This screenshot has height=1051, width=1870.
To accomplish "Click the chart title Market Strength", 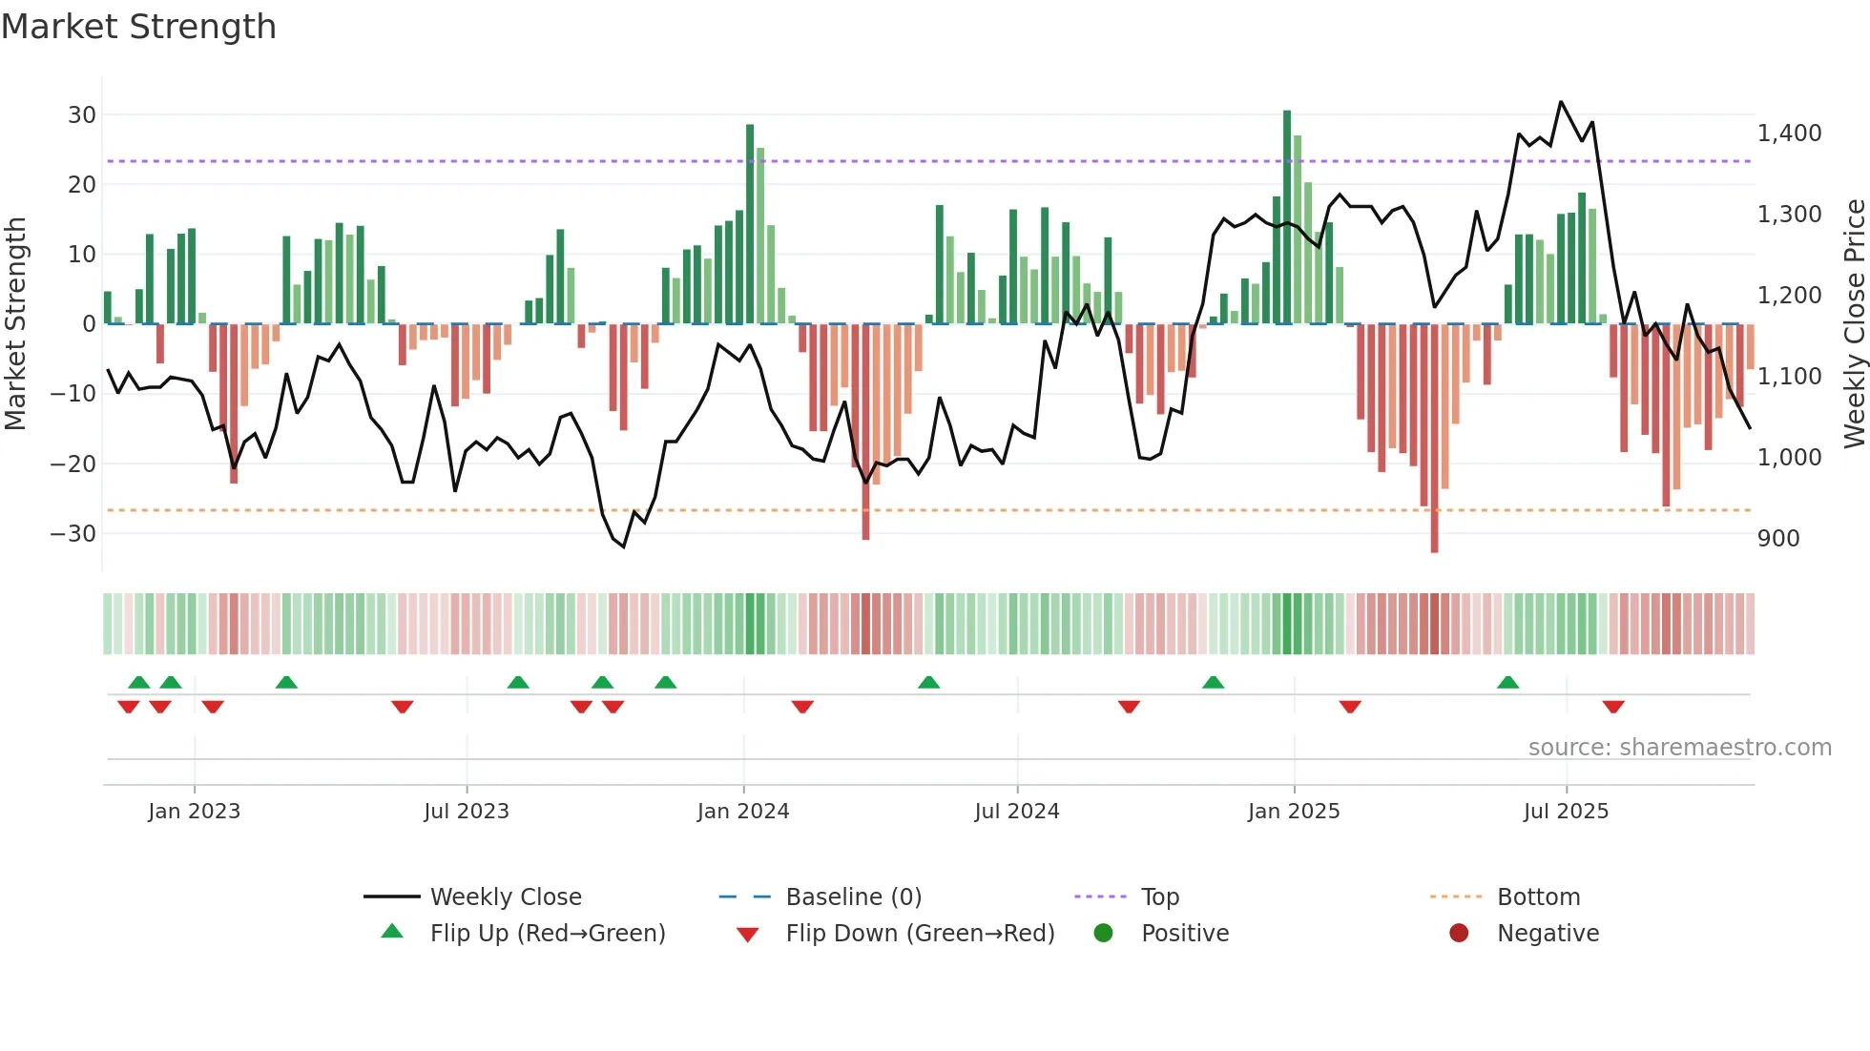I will (x=138, y=27).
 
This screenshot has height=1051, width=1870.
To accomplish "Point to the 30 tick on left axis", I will (x=82, y=115).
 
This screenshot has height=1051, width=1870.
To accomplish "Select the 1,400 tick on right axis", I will (x=1789, y=134).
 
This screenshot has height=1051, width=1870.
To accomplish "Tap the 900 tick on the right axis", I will (x=1778, y=539).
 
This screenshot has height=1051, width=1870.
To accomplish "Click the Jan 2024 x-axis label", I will (x=743, y=812).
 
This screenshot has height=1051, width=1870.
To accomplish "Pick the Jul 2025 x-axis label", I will (x=1566, y=812).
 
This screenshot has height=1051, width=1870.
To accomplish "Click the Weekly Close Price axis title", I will (x=1854, y=324).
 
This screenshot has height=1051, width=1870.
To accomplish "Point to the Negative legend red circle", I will (x=1459, y=934).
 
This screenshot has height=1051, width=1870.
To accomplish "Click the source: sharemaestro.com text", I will (x=1679, y=748).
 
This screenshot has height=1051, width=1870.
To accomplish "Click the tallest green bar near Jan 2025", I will (x=1287, y=217).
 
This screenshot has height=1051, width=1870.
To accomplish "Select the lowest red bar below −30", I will (x=1434, y=439).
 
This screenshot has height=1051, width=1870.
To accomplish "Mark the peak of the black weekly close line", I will (x=1561, y=102).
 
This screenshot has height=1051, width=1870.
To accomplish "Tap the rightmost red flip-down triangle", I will (x=1613, y=707).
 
